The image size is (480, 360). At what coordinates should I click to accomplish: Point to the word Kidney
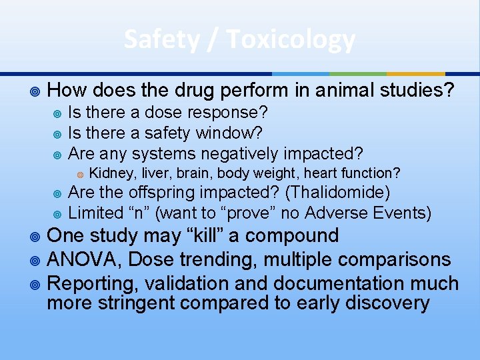[x=108, y=173]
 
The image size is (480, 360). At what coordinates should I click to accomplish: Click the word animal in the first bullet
[x=298, y=90]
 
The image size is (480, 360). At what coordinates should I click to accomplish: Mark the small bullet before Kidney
[x=80, y=174]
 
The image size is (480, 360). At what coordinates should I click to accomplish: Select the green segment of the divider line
[x=358, y=73]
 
